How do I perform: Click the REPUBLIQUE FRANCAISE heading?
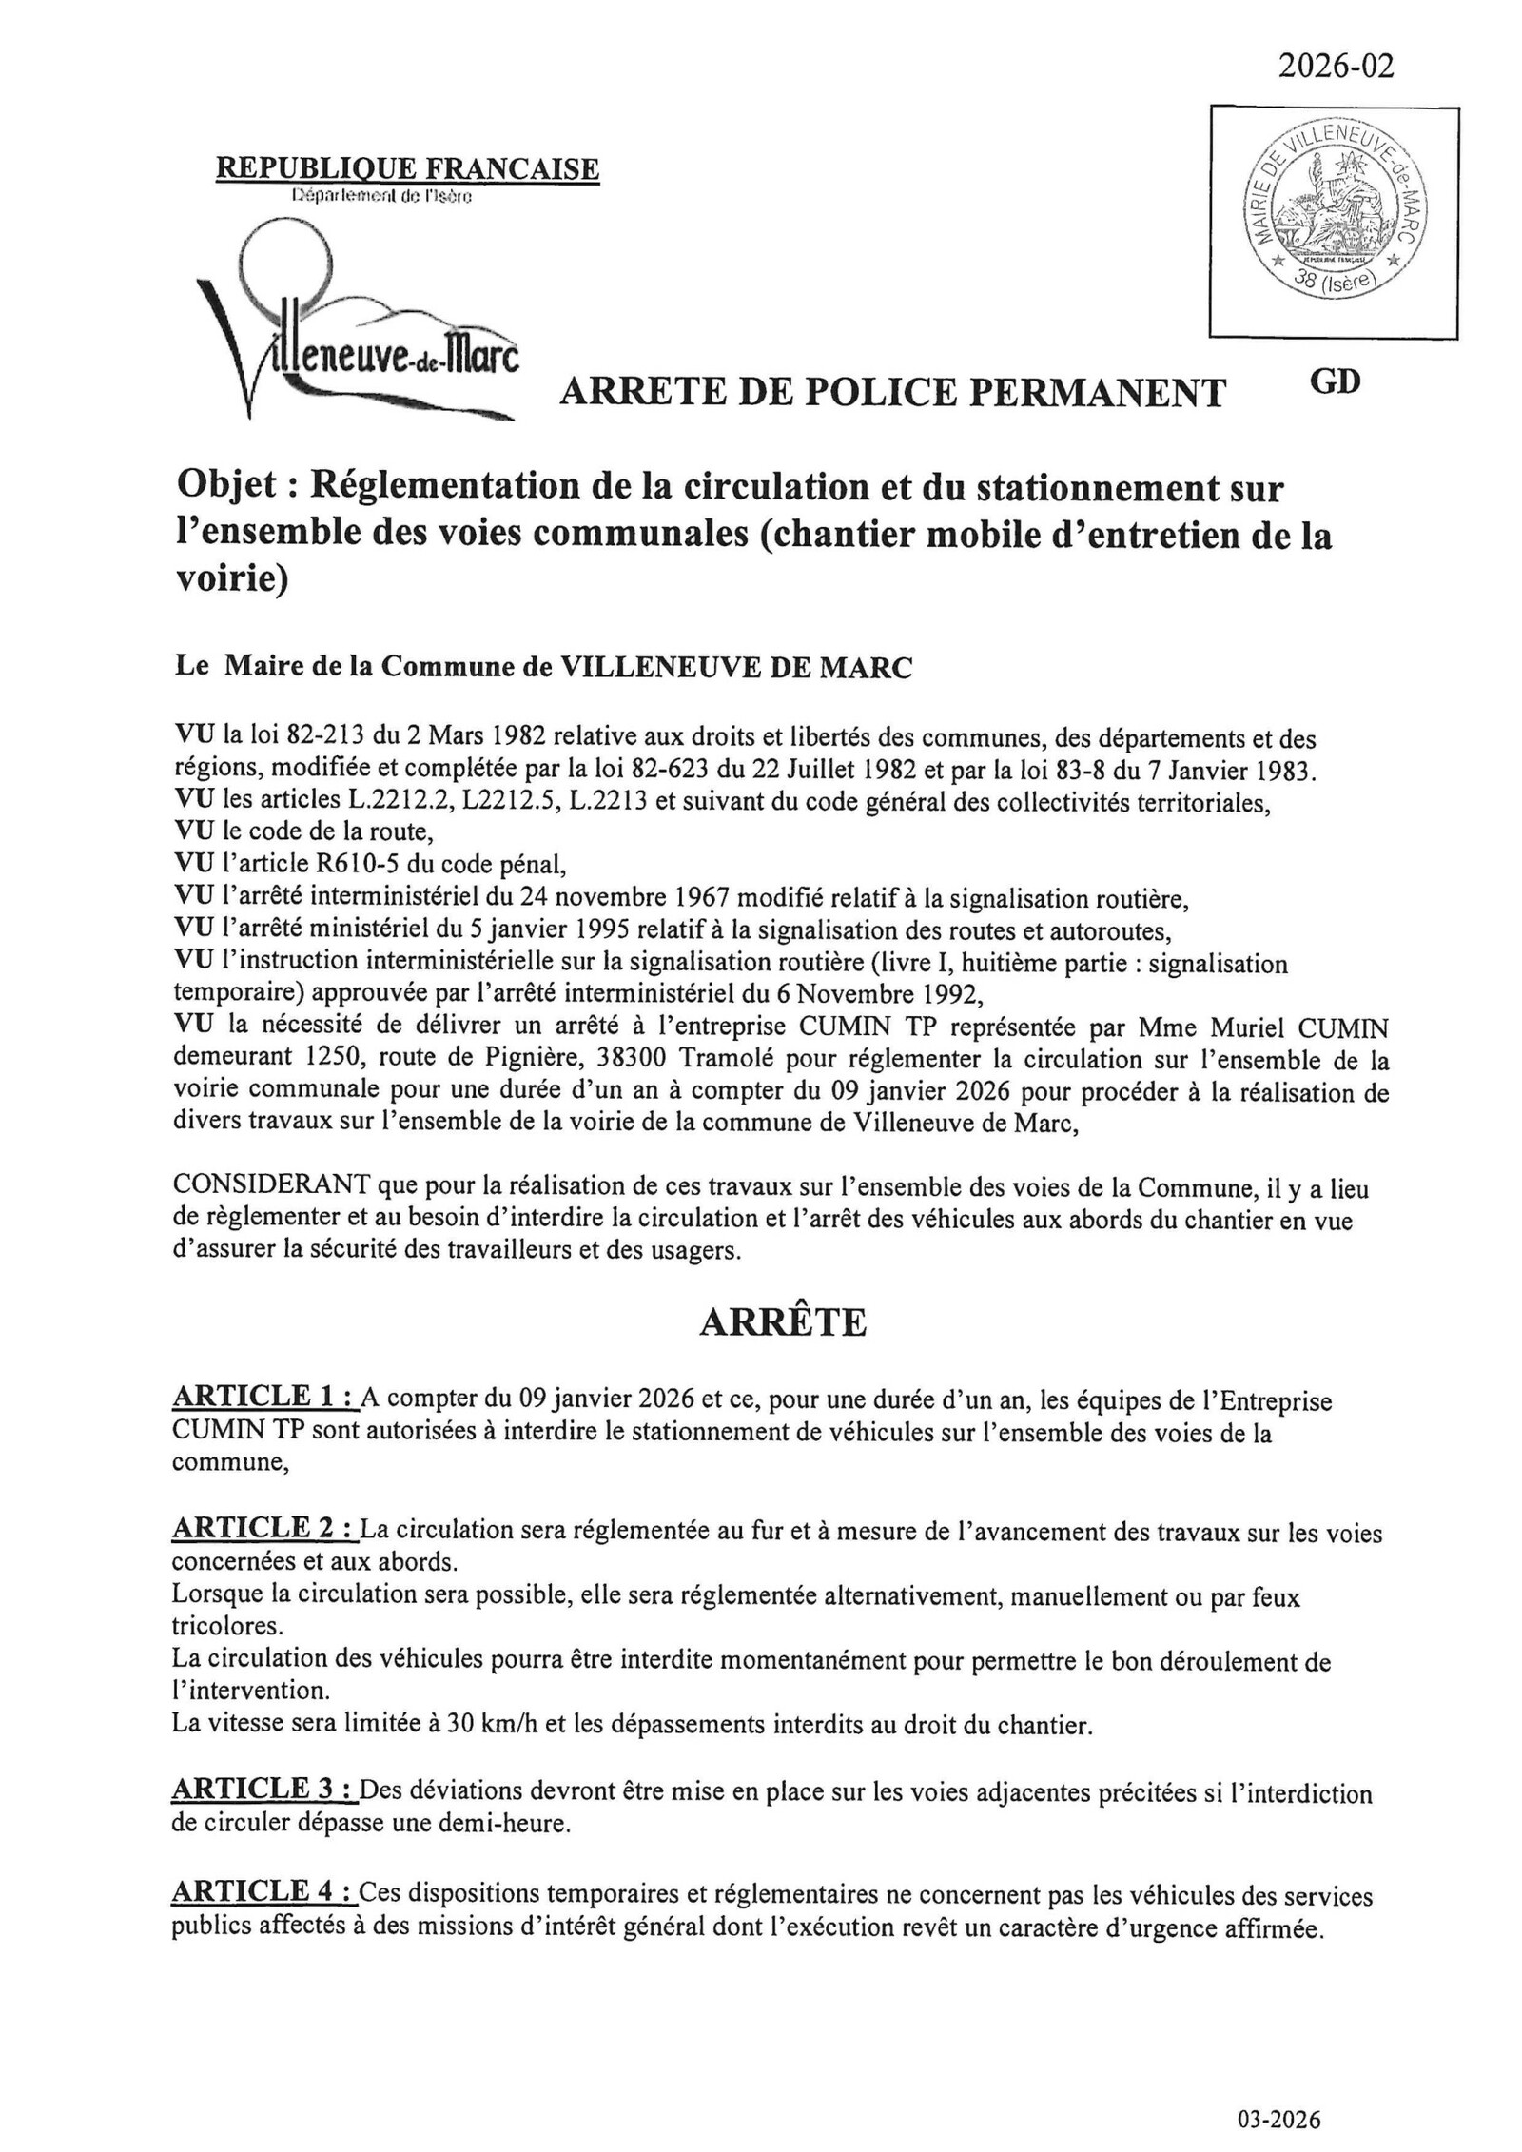point(408,168)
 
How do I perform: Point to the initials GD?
point(1335,381)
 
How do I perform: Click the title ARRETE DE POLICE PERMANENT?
point(892,392)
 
